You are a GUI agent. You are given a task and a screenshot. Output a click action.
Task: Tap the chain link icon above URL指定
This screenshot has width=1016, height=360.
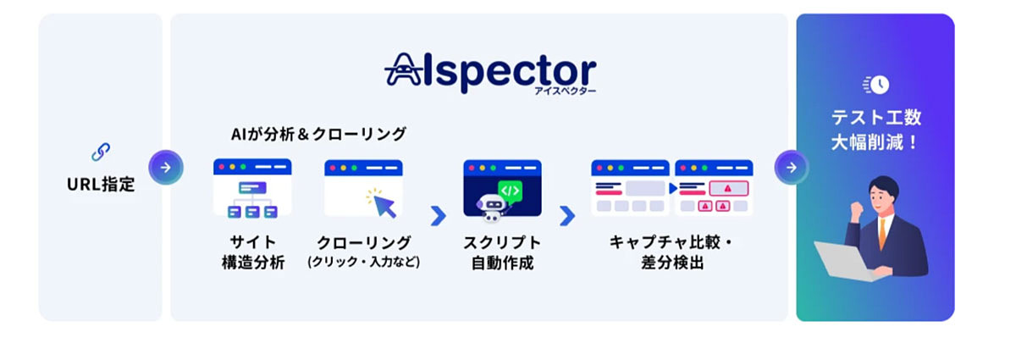tap(101, 153)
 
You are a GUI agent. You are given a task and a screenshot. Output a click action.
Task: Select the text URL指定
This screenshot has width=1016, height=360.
tap(101, 184)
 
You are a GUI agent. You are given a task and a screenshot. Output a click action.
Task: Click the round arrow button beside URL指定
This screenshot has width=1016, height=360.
tap(166, 167)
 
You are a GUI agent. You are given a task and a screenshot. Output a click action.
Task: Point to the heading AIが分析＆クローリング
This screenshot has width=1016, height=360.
tap(318, 134)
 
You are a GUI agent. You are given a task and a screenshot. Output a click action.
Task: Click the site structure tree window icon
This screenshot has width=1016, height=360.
tap(251, 188)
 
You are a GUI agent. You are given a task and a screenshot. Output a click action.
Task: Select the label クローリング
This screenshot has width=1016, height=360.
tap(363, 243)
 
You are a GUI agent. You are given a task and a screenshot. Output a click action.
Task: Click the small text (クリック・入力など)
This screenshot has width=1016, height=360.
tap(363, 263)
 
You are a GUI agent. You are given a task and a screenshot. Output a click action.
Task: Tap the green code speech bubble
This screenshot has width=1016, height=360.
tap(510, 190)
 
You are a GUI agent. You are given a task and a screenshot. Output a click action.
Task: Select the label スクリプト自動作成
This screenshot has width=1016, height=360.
tap(501, 252)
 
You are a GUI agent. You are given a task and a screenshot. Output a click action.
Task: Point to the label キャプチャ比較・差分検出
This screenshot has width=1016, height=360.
tap(672, 252)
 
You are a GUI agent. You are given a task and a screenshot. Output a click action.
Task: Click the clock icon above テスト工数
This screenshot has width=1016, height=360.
tap(877, 85)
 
